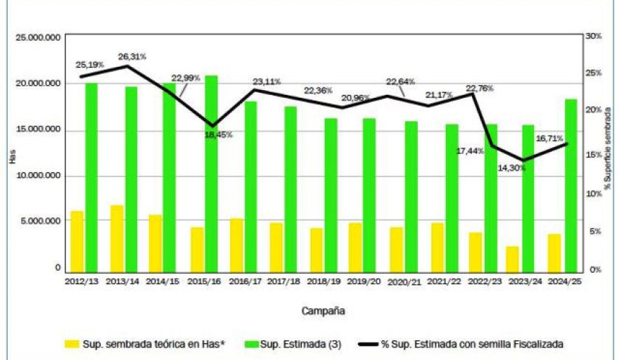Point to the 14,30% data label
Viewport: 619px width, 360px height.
[511, 168]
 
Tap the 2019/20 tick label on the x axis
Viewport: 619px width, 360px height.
[364, 281]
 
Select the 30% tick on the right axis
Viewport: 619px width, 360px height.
[595, 37]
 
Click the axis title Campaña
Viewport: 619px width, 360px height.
[324, 310]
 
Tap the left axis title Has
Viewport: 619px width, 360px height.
[12, 158]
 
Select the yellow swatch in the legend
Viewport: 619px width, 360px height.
[72, 344]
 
